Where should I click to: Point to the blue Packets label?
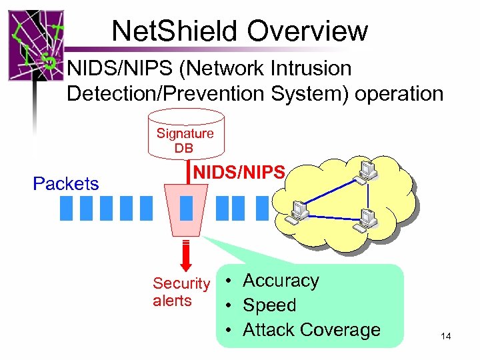(x=65, y=183)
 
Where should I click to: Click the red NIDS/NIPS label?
(x=239, y=173)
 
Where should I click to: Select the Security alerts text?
(x=181, y=292)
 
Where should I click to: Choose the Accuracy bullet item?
(x=281, y=281)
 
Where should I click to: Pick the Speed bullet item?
(x=269, y=305)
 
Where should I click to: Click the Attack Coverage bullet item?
(x=311, y=330)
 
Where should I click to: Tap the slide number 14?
(x=445, y=337)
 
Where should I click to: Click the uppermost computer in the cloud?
(x=367, y=169)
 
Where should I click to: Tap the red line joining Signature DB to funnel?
(x=187, y=172)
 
